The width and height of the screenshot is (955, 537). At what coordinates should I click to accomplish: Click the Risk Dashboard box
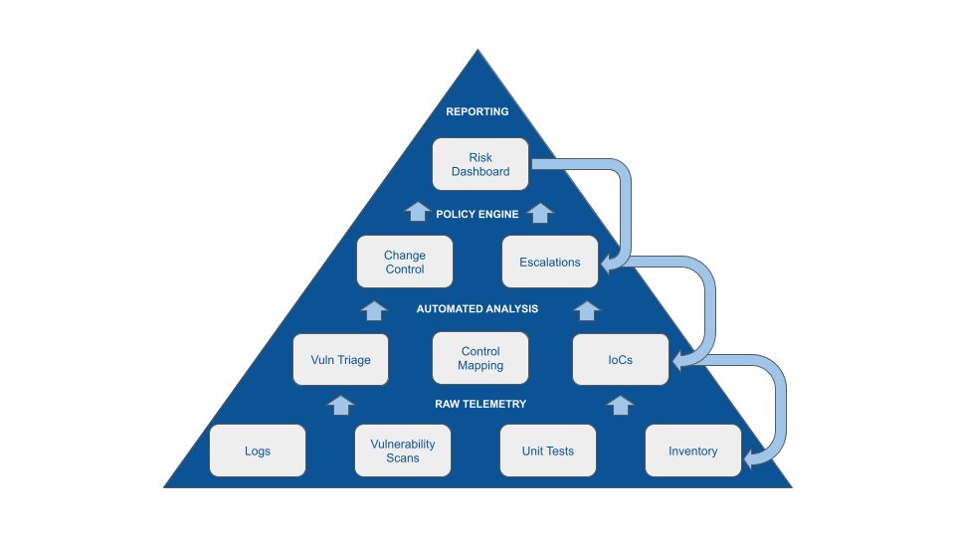480,164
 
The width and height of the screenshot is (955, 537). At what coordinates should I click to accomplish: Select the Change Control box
404,263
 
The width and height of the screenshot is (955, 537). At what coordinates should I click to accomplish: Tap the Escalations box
549,263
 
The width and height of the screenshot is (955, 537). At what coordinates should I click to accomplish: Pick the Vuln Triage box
340,359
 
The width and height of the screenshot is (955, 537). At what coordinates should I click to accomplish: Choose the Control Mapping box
480,359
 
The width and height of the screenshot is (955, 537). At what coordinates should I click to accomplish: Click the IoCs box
620,359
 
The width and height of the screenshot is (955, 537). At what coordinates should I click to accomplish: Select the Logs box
258,450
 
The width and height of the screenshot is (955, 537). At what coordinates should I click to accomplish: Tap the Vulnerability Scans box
403,450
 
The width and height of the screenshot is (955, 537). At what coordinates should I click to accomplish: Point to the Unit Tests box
547,450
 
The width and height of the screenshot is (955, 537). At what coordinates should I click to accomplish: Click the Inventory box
692,450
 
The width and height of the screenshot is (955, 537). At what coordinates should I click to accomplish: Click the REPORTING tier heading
477,111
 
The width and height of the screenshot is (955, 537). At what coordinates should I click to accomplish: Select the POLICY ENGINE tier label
477,214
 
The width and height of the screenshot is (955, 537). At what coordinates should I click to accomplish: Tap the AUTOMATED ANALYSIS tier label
477,309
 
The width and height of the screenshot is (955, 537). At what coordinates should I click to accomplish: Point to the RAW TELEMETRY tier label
480,404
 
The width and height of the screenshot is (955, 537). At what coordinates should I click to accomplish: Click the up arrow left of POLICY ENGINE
418,212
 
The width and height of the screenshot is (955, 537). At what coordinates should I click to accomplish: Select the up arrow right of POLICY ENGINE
539,212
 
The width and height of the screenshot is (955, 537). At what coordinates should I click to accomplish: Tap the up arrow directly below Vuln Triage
340,404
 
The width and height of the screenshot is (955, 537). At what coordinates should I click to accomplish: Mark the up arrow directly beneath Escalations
587,309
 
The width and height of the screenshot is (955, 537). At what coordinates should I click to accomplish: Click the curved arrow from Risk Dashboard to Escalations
625,199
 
